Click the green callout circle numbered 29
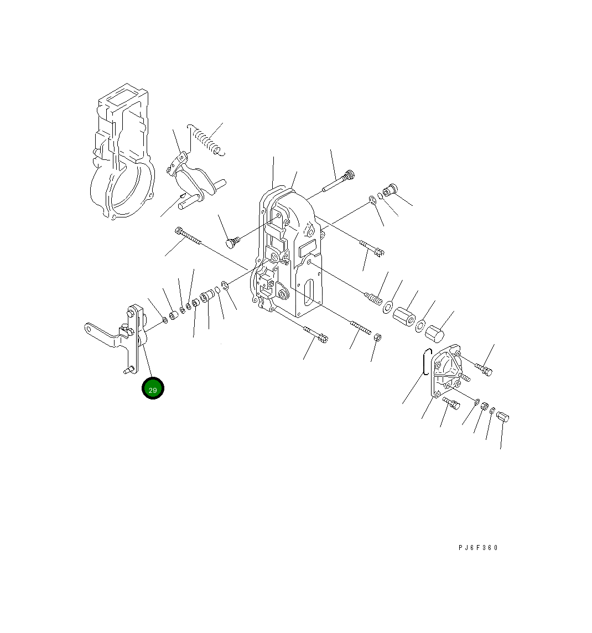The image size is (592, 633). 153,388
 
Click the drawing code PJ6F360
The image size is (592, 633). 478,548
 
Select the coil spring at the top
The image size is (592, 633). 206,139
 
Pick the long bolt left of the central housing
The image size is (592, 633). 188,236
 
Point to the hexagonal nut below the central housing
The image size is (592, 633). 377,338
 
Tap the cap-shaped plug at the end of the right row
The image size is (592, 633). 435,334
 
